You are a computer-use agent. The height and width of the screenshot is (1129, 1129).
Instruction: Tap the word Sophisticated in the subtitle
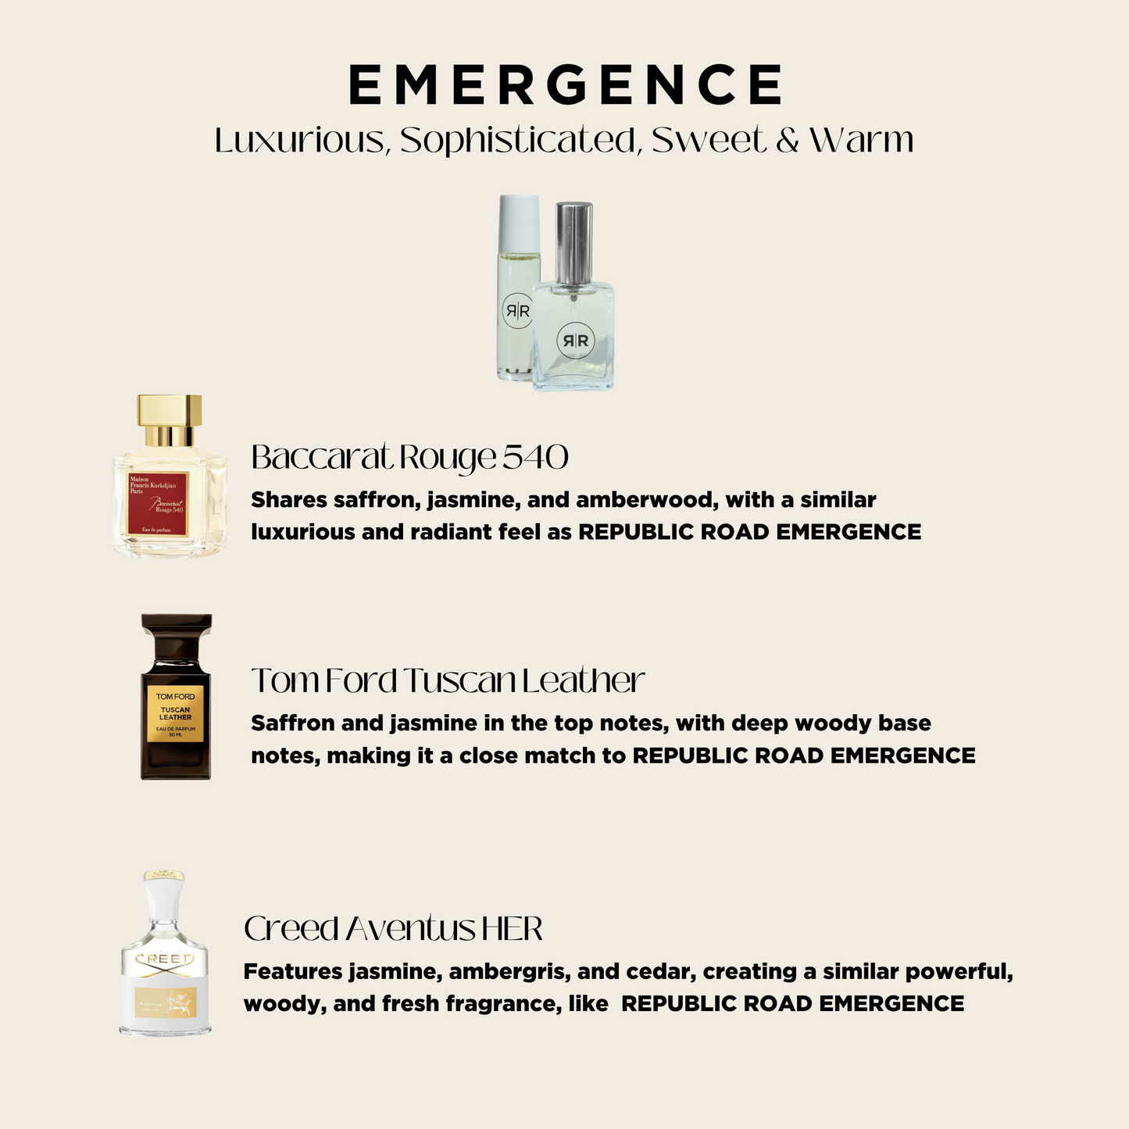point(520,141)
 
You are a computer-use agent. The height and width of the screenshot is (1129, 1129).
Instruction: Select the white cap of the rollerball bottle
point(520,213)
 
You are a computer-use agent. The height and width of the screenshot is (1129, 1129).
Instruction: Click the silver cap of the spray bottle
point(573,232)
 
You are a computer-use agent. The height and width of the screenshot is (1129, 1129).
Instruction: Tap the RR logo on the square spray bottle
point(574,341)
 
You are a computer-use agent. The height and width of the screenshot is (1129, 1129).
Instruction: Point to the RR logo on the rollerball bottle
point(516,311)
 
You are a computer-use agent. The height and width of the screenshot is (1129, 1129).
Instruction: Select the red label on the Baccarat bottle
point(159,504)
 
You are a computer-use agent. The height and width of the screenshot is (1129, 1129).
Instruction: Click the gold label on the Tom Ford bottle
point(175,713)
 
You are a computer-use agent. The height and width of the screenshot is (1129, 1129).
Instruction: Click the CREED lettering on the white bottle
point(165,959)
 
